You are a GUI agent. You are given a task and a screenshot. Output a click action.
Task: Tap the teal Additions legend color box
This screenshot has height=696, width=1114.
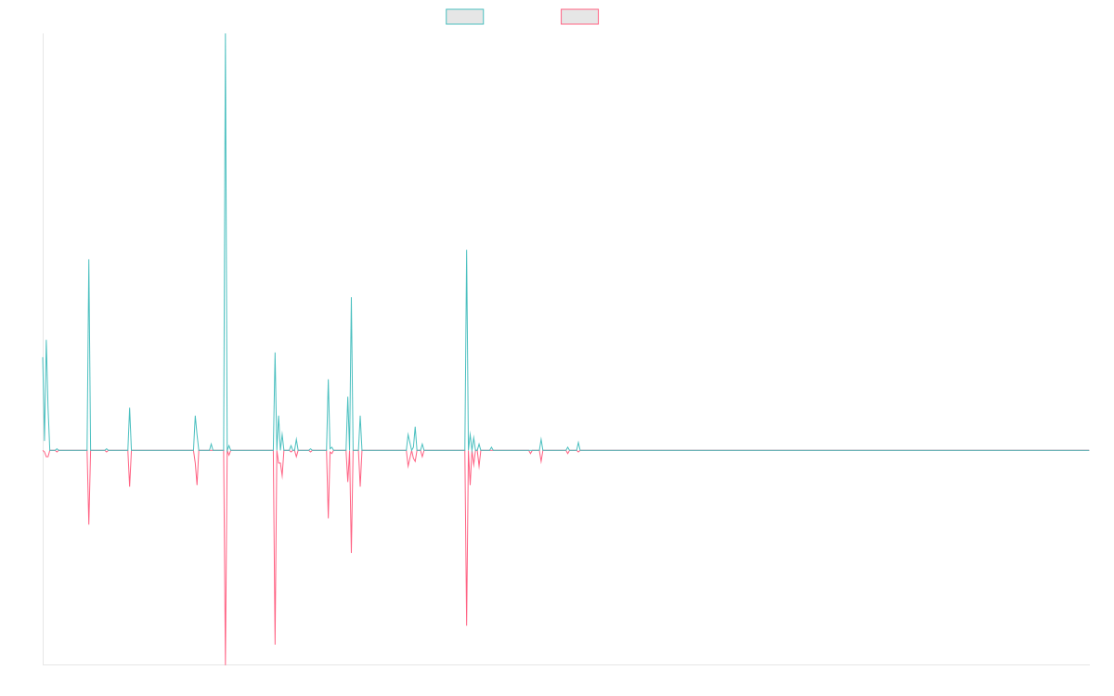click(x=465, y=17)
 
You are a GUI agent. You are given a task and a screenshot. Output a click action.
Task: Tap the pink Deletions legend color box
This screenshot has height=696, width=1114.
click(x=580, y=17)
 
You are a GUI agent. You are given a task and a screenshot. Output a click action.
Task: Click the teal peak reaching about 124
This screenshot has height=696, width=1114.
click(x=467, y=251)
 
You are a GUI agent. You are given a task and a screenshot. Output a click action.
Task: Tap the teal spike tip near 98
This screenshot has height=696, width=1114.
click(x=351, y=298)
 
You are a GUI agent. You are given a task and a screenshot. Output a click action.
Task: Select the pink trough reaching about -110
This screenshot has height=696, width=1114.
click(x=467, y=625)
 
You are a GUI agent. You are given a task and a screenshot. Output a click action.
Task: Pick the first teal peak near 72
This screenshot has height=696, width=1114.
click(x=46, y=341)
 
